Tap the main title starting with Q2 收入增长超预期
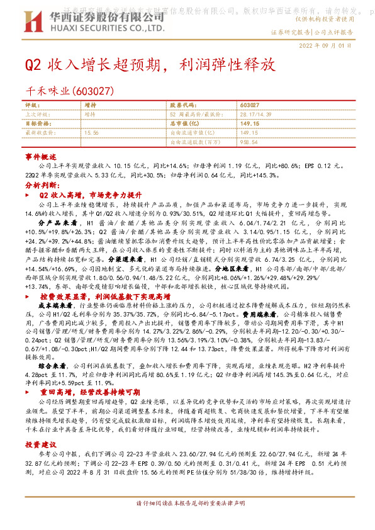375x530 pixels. pyautogui.click(x=150, y=65)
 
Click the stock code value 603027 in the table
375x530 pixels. pyautogui.click(x=250, y=104)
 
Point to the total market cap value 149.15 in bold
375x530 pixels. pyautogui.click(x=250, y=124)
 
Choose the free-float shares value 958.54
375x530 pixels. pyautogui.click(x=249, y=143)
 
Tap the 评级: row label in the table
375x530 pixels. pyautogui.click(x=32, y=104)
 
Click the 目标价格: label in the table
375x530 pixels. pyautogui.click(x=36, y=124)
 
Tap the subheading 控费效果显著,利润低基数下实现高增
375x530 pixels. pyautogui.click(x=108, y=295)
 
